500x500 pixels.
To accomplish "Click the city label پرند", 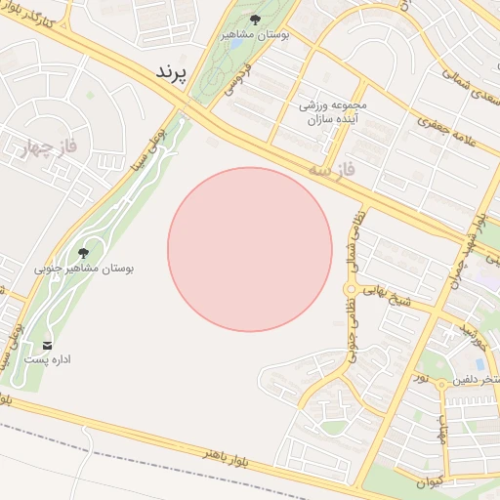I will [169, 74].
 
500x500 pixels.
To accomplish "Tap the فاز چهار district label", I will [45, 147].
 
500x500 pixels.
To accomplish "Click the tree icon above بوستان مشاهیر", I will [255, 19].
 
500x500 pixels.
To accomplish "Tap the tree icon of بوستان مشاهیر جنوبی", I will [83, 252].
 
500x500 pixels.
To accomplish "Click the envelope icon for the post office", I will [47, 345].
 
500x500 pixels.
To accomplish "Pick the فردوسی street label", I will [244, 79].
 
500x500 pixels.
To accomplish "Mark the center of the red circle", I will [250, 249].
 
